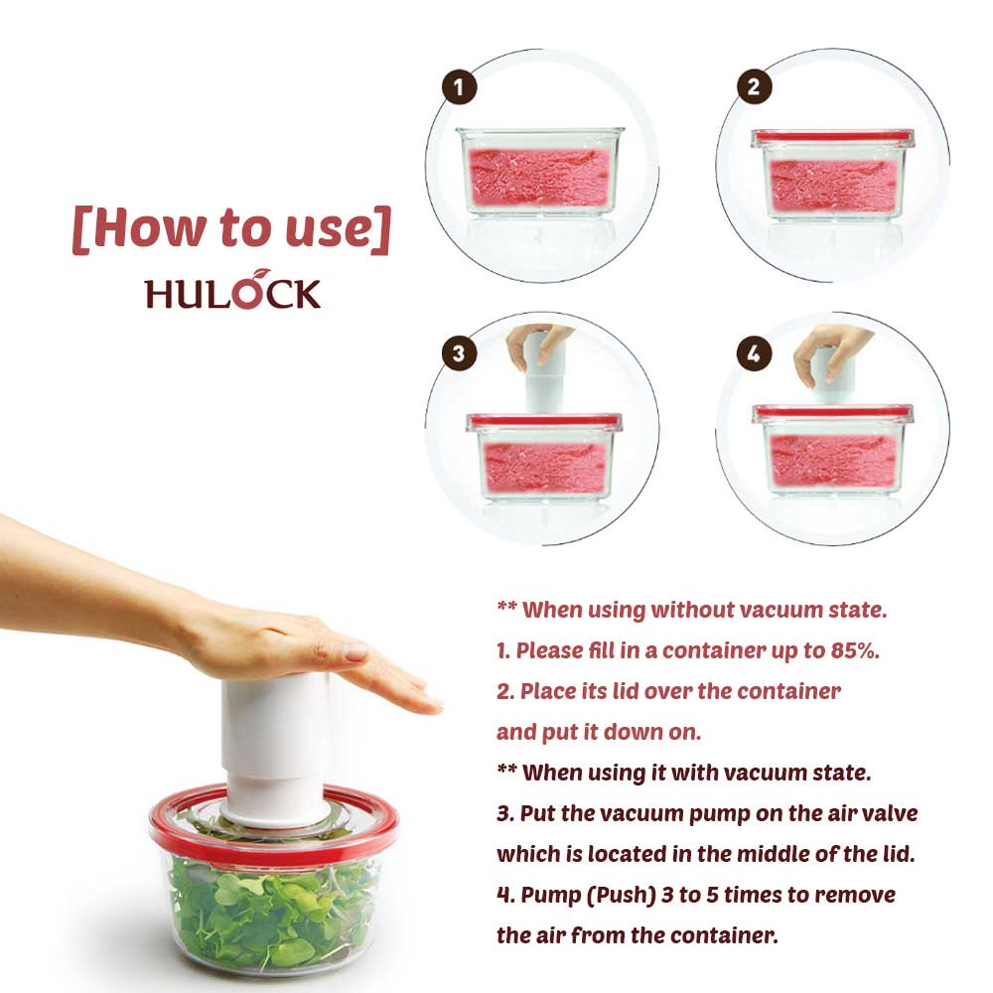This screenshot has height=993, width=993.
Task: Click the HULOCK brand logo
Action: (x=232, y=291)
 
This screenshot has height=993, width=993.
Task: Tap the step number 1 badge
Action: (x=459, y=87)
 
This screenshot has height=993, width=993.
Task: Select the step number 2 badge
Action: (x=755, y=86)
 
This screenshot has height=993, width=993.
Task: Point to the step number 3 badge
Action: (x=459, y=353)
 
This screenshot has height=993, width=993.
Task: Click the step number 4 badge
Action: (x=755, y=353)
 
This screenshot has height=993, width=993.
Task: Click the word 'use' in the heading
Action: (x=328, y=229)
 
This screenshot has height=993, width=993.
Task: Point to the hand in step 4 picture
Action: (x=831, y=351)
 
